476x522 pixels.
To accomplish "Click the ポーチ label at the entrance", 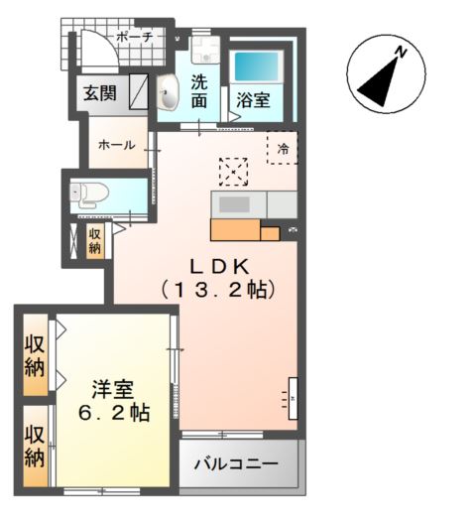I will (x=134, y=36).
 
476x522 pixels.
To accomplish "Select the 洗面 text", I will (x=199, y=91).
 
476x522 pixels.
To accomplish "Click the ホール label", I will (x=116, y=145).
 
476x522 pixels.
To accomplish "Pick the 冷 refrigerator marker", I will (x=283, y=148).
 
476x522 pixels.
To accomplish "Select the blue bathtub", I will (x=258, y=66).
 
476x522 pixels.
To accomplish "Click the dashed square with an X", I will (x=234, y=171).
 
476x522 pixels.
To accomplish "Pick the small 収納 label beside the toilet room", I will (x=95, y=241).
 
